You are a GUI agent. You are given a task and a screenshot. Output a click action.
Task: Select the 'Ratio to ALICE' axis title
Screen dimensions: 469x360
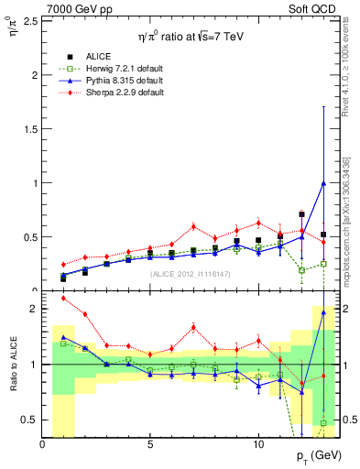click(x=12, y=365)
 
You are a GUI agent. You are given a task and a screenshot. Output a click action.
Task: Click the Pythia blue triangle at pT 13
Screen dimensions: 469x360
click(x=323, y=182)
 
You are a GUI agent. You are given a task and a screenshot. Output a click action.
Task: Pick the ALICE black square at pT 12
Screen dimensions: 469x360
click(x=301, y=214)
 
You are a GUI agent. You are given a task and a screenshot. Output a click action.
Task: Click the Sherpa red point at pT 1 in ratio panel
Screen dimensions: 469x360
click(x=63, y=298)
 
